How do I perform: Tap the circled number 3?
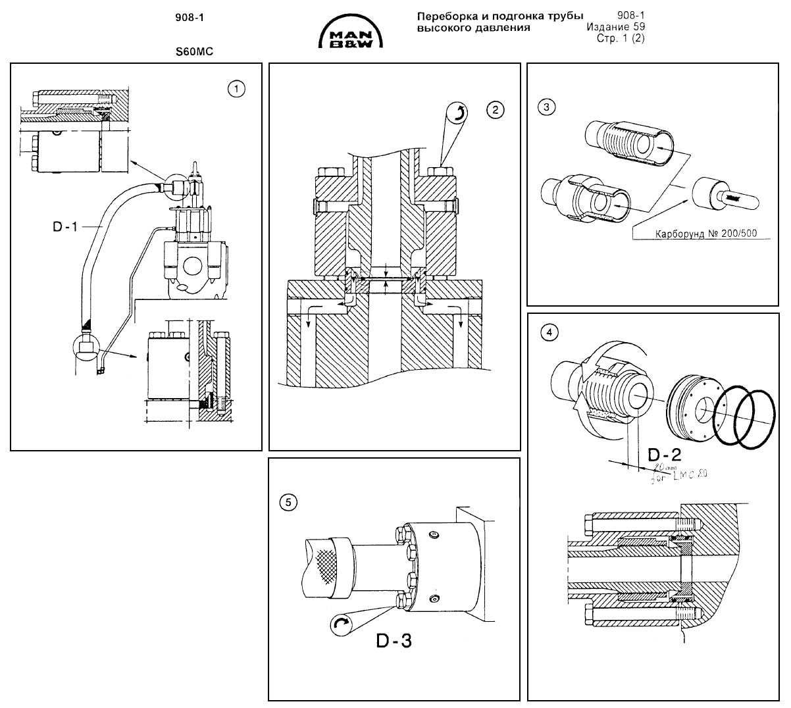coord(545,105)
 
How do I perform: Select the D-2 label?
coord(665,454)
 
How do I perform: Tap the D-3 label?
coord(394,640)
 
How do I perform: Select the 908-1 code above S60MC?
coord(190,19)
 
